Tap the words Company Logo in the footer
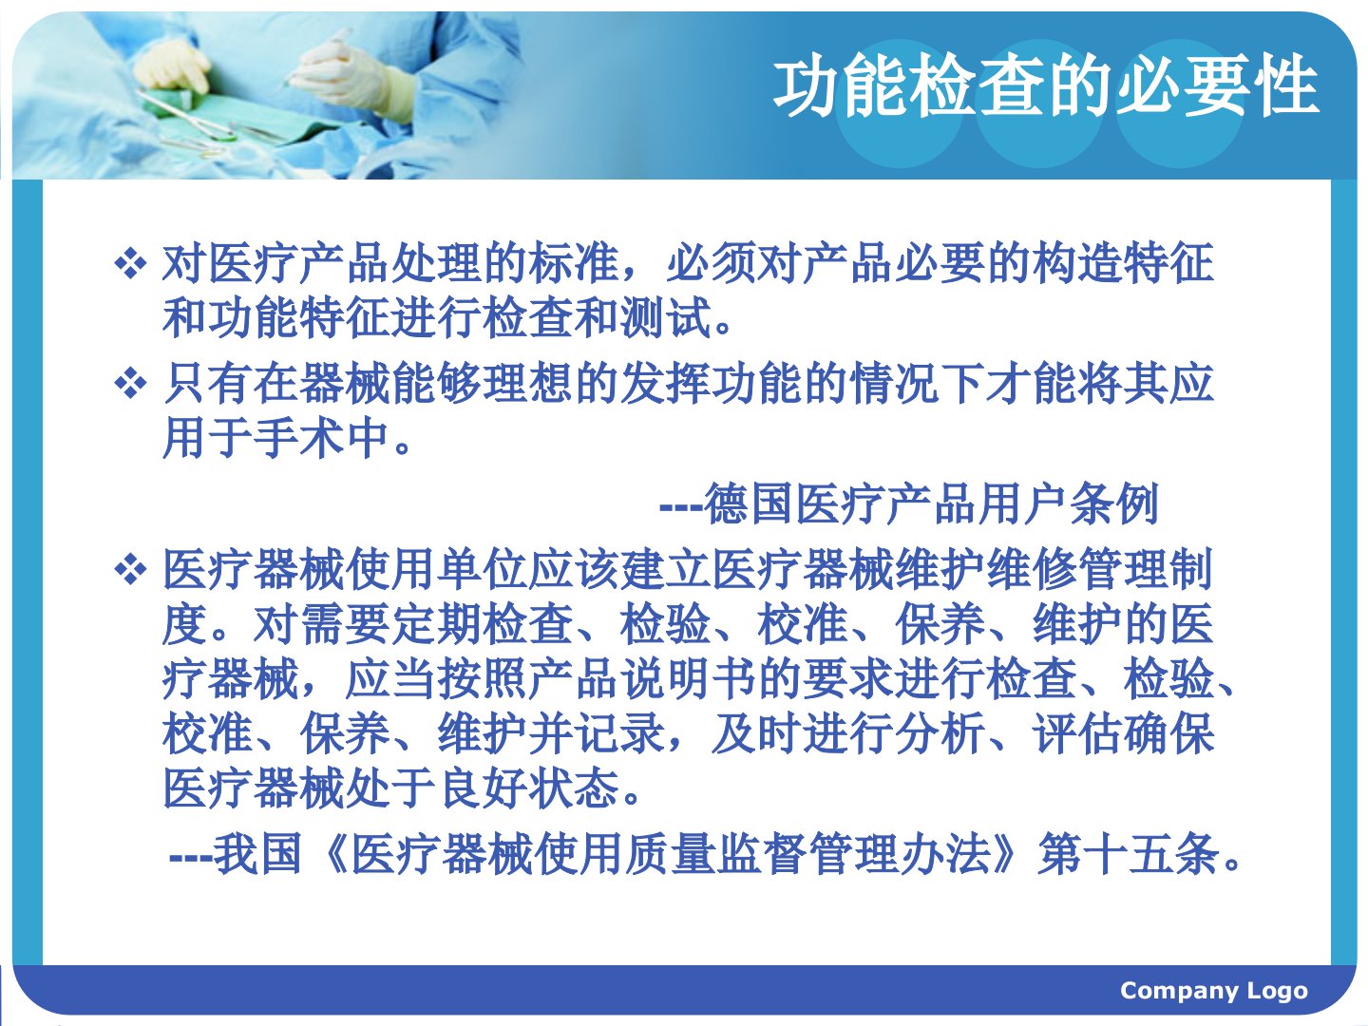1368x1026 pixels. (x=1213, y=990)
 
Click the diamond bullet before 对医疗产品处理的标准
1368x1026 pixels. (x=130, y=263)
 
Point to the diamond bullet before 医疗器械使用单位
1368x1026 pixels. (x=130, y=570)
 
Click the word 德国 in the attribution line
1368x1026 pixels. (x=750, y=503)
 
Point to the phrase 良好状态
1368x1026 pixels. (x=529, y=788)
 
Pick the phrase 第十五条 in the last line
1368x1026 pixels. (x=1128, y=854)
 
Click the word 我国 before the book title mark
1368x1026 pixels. (x=256, y=854)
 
